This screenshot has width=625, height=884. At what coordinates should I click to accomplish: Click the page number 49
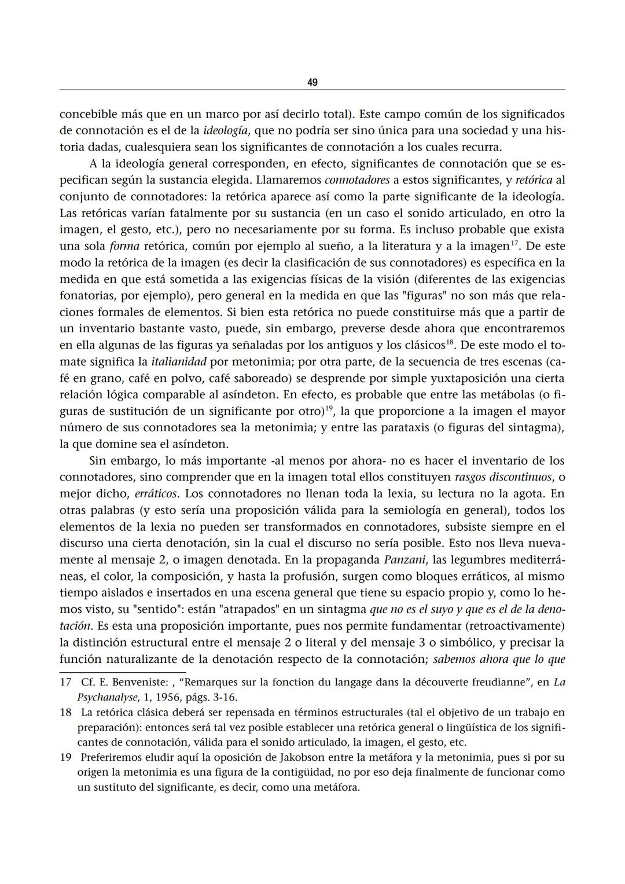[x=312, y=83]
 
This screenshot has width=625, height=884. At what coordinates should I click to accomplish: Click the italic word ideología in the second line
[x=229, y=130]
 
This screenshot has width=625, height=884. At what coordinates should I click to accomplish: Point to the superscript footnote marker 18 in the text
[x=450, y=342]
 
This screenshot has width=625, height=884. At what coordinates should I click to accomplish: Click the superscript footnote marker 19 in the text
[x=329, y=409]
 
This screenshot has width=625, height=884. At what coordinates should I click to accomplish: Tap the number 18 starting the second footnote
[x=65, y=712]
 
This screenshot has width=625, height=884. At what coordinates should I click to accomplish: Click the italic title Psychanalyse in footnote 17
[x=103, y=697]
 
